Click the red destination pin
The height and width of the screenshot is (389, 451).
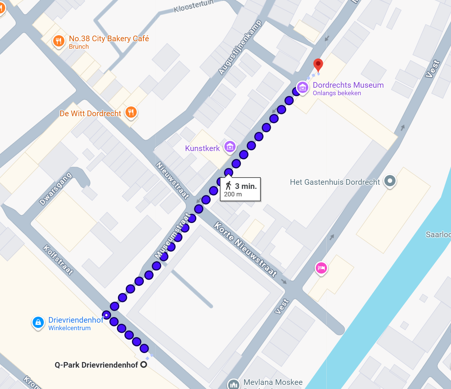pos(318,64)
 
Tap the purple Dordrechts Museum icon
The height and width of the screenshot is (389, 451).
pos(302,88)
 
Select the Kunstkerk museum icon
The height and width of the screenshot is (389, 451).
pos(230,147)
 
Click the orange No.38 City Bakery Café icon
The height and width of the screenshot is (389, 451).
pos(58,41)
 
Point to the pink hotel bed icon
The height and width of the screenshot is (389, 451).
pos(321,268)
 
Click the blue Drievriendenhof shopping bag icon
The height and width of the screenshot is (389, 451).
pos(38,322)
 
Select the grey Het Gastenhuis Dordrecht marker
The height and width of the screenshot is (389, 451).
pos(390,181)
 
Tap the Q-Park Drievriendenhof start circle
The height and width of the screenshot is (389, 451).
pos(143,365)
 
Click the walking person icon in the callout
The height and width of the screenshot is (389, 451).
pos(228,186)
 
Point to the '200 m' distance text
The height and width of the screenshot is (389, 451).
pos(233,194)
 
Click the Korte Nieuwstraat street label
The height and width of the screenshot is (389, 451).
pos(245,249)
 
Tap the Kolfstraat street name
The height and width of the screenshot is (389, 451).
pos(58,260)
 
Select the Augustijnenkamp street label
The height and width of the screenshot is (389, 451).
pos(240,47)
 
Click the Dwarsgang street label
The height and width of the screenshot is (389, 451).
pos(55,189)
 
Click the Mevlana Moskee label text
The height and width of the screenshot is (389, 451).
pos(273,382)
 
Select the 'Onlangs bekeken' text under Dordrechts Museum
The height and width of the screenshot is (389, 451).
pos(337,93)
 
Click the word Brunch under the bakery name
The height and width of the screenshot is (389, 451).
pos(79,46)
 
